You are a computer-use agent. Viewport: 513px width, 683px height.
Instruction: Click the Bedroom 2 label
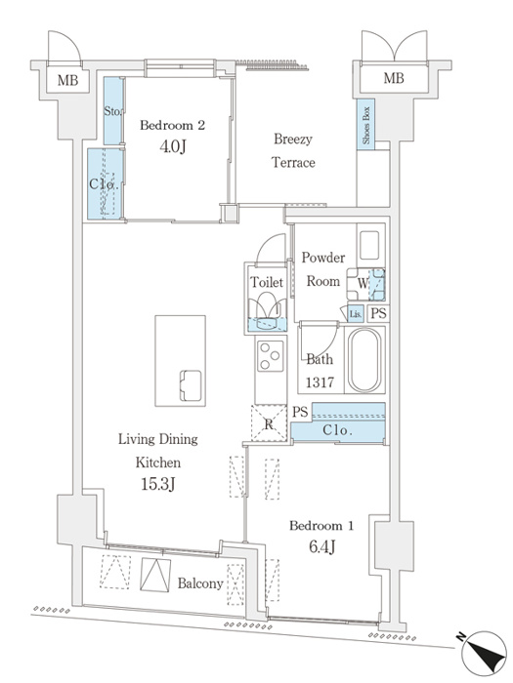pyautogui.click(x=172, y=126)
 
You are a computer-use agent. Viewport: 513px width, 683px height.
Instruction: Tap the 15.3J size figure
pyautogui.click(x=158, y=484)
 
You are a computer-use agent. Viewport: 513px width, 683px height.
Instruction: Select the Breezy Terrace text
pyautogui.click(x=293, y=150)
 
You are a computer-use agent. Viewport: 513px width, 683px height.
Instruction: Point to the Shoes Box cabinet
pyautogui.click(x=365, y=125)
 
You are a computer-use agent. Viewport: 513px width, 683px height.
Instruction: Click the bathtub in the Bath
pyautogui.click(x=364, y=360)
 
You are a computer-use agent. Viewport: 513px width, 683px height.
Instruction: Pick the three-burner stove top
pyautogui.click(x=270, y=355)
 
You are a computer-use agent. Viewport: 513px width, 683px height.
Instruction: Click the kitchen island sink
pyautogui.click(x=192, y=385)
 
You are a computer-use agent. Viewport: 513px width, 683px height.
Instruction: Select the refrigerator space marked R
pyautogui.click(x=269, y=423)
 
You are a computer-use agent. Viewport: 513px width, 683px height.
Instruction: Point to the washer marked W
pyautogui.click(x=366, y=285)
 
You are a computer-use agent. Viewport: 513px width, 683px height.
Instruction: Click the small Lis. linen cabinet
pyautogui.click(x=356, y=313)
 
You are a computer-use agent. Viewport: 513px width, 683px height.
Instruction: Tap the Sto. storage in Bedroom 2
pyautogui.click(x=113, y=111)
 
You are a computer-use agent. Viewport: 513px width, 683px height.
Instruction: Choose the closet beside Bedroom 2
pyautogui.click(x=106, y=184)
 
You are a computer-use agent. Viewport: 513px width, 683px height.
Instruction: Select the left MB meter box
pyautogui.click(x=68, y=80)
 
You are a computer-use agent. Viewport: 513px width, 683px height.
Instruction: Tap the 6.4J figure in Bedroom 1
pyautogui.click(x=321, y=546)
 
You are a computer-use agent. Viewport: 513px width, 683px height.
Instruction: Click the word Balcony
pyautogui.click(x=200, y=583)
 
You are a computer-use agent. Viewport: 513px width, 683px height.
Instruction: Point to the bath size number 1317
pyautogui.click(x=320, y=382)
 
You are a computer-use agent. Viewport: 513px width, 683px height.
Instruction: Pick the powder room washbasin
pyautogui.click(x=370, y=246)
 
